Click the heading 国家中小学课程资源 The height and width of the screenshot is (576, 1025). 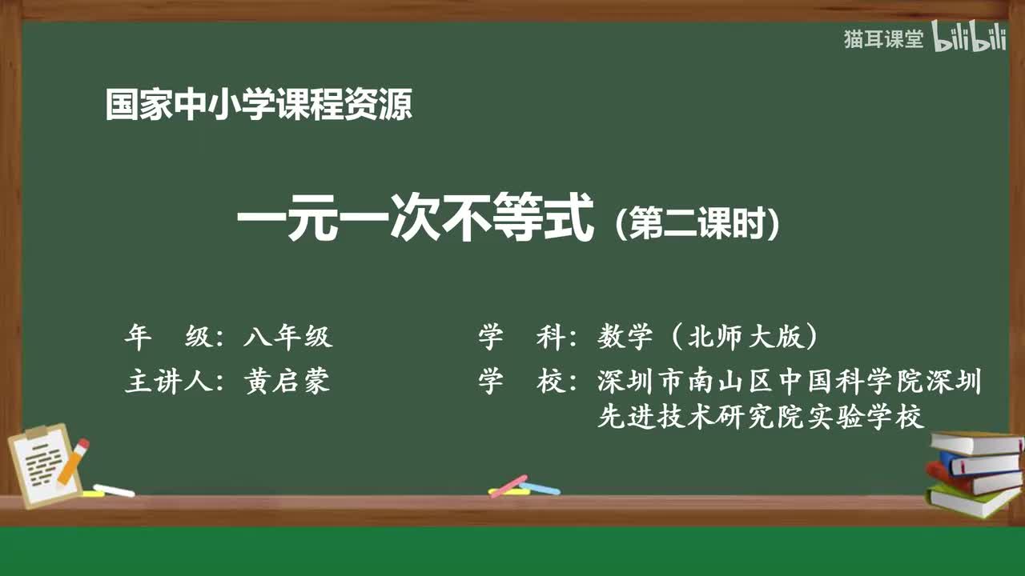click(259, 105)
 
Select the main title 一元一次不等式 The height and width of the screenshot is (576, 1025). click(416, 221)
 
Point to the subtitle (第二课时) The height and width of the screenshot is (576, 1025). click(697, 225)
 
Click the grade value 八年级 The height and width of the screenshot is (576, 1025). click(287, 338)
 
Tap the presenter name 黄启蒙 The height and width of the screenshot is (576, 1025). click(287, 382)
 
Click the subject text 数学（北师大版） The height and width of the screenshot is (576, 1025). click(709, 338)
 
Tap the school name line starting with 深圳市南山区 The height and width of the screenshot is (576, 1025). click(789, 382)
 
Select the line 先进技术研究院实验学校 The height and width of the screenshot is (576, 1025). click(761, 417)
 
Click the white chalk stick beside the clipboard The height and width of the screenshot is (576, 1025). click(114, 490)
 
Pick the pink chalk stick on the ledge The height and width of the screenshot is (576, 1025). click(508, 486)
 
